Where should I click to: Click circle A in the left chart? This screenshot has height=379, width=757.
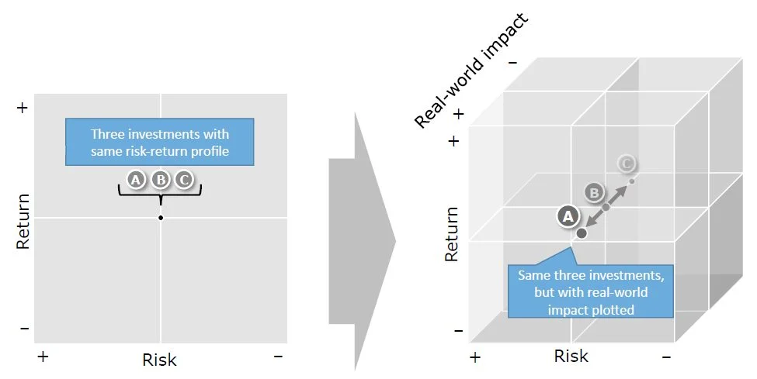137,180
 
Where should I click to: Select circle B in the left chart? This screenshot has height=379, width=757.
160,180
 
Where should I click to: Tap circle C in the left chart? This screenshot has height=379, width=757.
183,180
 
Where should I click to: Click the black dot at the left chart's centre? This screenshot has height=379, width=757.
160,218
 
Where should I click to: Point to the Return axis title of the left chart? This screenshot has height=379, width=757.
23,220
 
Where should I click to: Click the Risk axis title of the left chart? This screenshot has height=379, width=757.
159,360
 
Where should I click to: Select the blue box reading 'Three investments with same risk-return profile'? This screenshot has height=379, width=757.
159,142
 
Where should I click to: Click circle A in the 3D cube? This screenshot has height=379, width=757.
568,216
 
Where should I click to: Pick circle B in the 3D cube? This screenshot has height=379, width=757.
594,191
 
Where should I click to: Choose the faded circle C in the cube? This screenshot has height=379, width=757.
626,164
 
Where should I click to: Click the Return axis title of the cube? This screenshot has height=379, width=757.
451,233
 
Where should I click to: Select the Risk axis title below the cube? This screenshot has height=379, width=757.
571,356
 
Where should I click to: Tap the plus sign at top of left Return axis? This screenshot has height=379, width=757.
22,108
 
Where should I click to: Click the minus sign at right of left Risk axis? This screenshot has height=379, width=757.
278,356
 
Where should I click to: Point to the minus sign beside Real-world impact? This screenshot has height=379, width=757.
512,62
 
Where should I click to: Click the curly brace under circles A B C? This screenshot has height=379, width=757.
160,193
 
